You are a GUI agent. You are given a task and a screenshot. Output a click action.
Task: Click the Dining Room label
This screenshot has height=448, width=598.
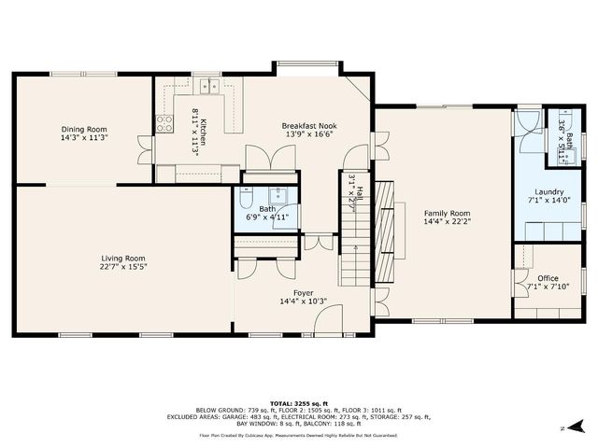85,129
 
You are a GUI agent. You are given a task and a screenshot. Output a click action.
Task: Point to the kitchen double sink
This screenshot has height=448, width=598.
211,87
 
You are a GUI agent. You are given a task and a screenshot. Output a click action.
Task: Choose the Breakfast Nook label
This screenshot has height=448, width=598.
309,125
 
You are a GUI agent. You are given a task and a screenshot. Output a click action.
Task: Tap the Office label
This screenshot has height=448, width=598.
548,278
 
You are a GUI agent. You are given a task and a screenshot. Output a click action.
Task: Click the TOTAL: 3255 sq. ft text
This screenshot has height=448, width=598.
298,403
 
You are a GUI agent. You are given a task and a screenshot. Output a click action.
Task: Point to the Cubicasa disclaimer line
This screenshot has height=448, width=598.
298,434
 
